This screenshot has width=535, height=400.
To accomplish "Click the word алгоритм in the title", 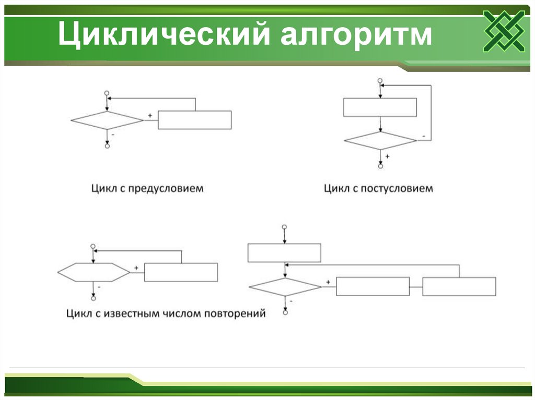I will point(357,35).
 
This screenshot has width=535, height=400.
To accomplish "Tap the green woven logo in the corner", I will point(504,31).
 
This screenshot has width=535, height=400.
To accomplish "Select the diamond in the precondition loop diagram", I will point(107,120).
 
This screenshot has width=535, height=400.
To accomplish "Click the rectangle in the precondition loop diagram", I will point(194,120).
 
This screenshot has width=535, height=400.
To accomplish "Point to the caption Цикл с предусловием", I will point(147,188).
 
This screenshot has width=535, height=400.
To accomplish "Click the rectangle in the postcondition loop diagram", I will point(380,107).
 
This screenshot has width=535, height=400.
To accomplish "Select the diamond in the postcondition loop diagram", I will point(380,140).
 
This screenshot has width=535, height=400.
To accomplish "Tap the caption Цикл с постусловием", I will point(378,188).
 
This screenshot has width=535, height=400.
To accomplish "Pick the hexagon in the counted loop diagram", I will point(94,272).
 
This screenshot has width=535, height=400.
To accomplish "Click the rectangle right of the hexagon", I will point(181,272).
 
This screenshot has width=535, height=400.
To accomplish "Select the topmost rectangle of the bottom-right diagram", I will point(284,253).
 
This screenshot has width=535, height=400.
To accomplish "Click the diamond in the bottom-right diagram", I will point(285,287).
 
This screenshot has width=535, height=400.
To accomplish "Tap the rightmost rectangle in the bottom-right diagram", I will point(459,286).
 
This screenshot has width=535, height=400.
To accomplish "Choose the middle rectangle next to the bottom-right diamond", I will point(373,286).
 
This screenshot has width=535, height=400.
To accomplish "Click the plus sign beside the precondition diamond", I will point(150,115).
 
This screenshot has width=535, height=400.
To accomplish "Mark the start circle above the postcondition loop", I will point(380,80).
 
